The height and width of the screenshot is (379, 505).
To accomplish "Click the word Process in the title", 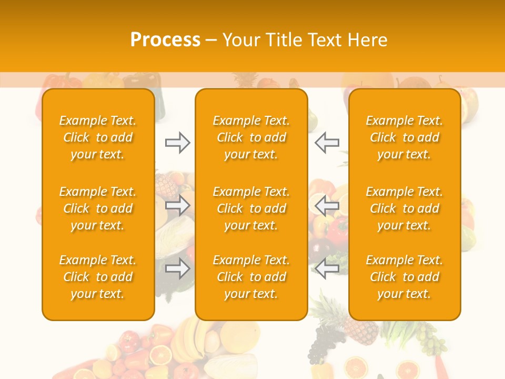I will pyautogui.click(x=165, y=40).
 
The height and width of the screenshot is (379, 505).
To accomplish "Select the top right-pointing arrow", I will pyautogui.click(x=177, y=142).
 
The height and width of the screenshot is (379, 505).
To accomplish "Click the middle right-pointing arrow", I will pyautogui.click(x=177, y=205).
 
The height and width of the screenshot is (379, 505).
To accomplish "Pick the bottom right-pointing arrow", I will pyautogui.click(x=177, y=269).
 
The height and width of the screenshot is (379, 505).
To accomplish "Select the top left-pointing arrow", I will pyautogui.click(x=327, y=142).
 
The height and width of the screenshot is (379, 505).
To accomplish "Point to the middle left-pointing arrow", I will pyautogui.click(x=327, y=205).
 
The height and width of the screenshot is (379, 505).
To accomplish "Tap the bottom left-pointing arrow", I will pyautogui.click(x=327, y=269).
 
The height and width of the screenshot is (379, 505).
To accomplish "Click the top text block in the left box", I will pyautogui.click(x=98, y=137).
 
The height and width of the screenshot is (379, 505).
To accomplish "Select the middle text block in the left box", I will pyautogui.click(x=98, y=208).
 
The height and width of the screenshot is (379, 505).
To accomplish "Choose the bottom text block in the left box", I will pyautogui.click(x=98, y=277).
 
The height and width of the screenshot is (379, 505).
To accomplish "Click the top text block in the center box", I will pyautogui.click(x=251, y=137).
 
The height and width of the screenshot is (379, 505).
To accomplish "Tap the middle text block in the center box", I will pyautogui.click(x=251, y=208).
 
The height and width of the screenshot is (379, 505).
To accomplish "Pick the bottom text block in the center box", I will pyautogui.click(x=251, y=277).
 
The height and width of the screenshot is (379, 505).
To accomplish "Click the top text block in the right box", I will pyautogui.click(x=404, y=137).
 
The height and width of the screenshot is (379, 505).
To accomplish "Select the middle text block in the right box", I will pyautogui.click(x=404, y=208).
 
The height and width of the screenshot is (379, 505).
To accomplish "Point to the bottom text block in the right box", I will pyautogui.click(x=404, y=277).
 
